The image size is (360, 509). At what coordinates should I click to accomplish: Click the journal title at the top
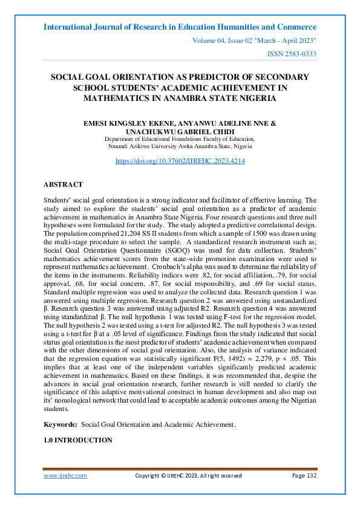pyautogui.click(x=180, y=27)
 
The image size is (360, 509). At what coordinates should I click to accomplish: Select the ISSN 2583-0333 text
pyautogui.click(x=292, y=54)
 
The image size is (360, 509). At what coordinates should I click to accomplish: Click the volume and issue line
pyautogui.click(x=254, y=41)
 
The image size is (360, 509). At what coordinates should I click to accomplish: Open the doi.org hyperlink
pyautogui.click(x=180, y=161)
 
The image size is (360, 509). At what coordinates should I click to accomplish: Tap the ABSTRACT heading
pyautogui.click(x=63, y=184)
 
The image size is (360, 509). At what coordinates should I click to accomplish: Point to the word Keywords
pyautogui.click(x=60, y=425)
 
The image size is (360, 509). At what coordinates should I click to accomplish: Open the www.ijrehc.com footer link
pyautogui.click(x=65, y=476)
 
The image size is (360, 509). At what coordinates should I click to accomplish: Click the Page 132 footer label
pyautogui.click(x=304, y=476)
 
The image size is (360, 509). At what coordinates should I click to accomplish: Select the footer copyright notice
pyautogui.click(x=188, y=476)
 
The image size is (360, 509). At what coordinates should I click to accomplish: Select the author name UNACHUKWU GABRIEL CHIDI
pyautogui.click(x=180, y=131)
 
